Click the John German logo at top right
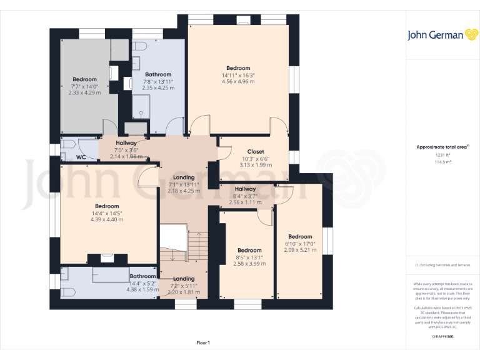(x=442, y=35)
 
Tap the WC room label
(x=81, y=157)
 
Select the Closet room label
(x=256, y=151)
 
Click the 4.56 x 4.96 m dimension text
(x=238, y=82)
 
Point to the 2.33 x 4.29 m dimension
(x=84, y=92)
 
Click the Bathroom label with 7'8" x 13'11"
(x=157, y=74)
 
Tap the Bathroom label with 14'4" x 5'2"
(x=142, y=276)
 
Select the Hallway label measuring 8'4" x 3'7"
(x=245, y=189)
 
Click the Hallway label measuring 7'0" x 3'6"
(x=126, y=143)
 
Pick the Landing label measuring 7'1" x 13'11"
(x=184, y=177)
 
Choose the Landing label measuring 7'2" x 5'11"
(x=184, y=279)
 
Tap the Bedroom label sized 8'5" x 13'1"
(x=249, y=250)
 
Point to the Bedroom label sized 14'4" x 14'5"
(x=107, y=206)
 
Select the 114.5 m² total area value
(x=442, y=161)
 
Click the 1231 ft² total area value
(x=442, y=154)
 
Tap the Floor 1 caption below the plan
(x=203, y=342)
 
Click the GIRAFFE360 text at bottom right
(x=442, y=337)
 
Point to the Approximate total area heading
(x=442, y=146)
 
